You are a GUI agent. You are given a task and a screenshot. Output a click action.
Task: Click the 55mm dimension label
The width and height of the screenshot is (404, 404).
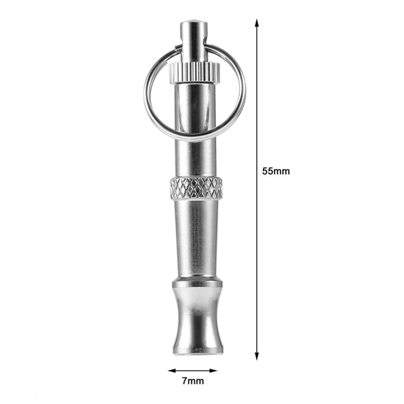[276, 171]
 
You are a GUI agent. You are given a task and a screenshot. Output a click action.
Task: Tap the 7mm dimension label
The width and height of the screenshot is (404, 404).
[193, 381]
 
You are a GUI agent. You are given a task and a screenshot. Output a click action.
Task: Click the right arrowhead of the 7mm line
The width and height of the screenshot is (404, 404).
[213, 371]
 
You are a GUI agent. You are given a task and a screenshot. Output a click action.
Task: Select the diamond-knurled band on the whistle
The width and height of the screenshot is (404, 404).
[196, 187]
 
